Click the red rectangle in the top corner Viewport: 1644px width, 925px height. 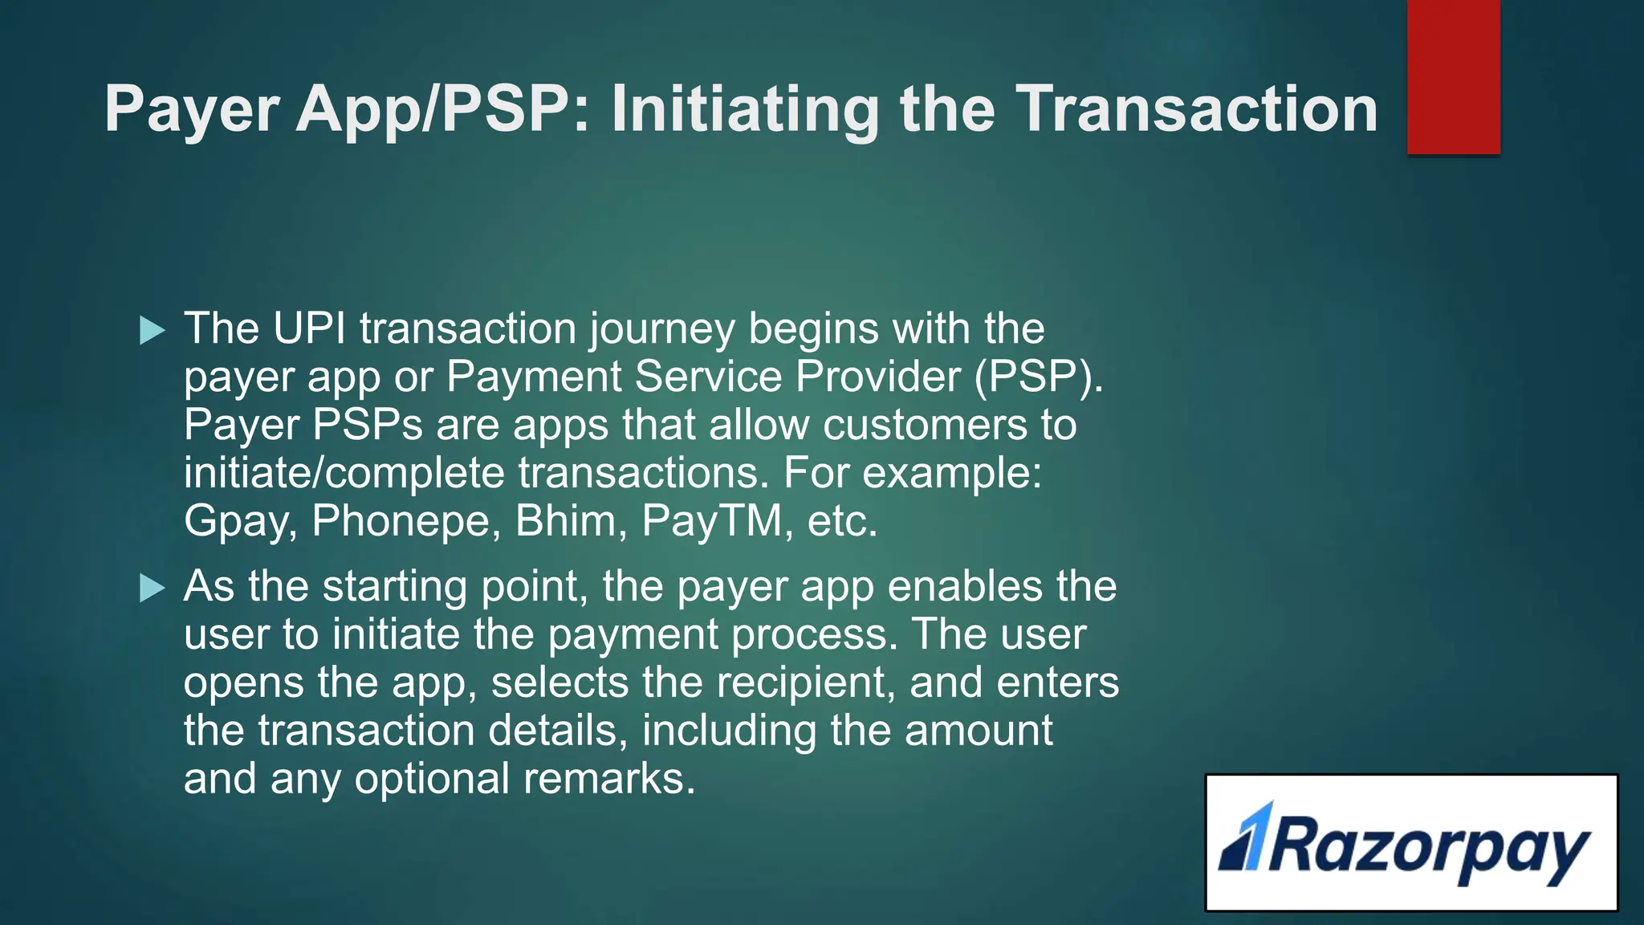pos(1453,77)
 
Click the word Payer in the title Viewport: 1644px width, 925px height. pos(192,110)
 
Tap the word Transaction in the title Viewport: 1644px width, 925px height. pos(1197,110)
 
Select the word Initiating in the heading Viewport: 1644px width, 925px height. pos(745,110)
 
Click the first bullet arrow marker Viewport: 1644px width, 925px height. pos(152,330)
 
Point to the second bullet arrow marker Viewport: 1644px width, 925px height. pos(152,588)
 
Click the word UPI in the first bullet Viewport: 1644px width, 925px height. pos(309,328)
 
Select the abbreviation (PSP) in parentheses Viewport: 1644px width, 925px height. pos(1040,377)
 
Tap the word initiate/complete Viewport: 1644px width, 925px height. pos(344,474)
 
